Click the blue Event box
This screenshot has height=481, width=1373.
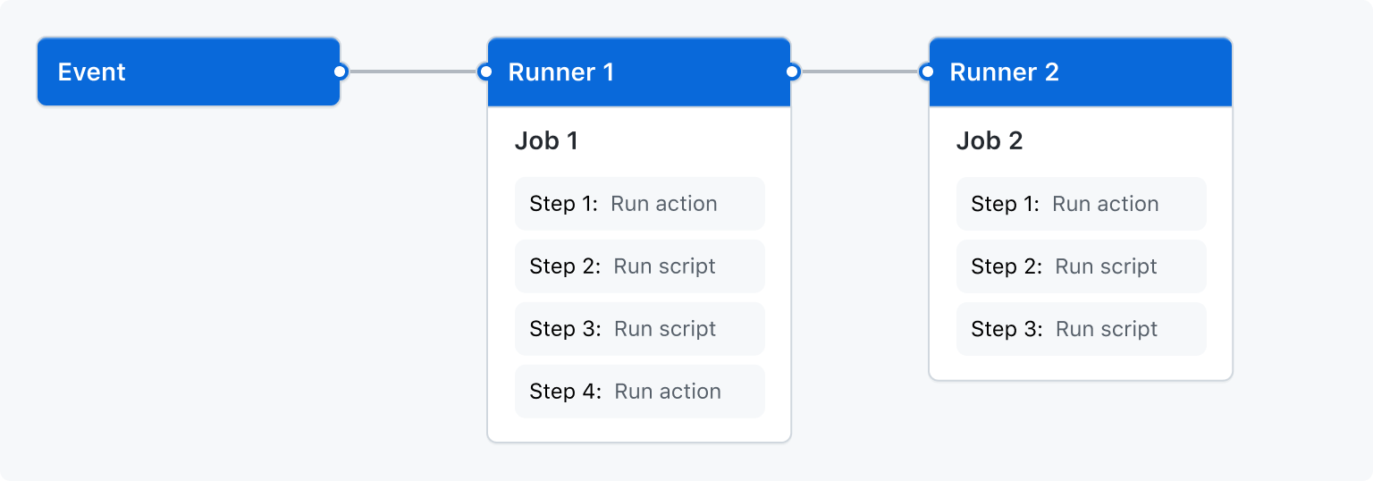tap(188, 72)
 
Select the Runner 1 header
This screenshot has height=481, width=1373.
tap(638, 72)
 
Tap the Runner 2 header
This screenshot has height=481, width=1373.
tap(1080, 72)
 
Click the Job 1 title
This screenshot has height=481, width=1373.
tap(546, 141)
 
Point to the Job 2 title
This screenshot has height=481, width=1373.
tap(989, 141)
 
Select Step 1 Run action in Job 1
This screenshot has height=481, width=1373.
tap(639, 204)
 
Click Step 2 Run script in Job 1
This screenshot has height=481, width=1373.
tap(639, 266)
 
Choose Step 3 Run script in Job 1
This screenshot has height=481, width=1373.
tap(639, 329)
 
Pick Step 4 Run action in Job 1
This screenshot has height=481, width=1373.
tap(639, 392)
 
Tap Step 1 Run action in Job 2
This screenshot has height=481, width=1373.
tap(1081, 204)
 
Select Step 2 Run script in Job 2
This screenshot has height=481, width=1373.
tap(1081, 266)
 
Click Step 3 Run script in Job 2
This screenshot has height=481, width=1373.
tap(1081, 329)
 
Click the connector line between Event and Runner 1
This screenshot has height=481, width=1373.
tap(412, 72)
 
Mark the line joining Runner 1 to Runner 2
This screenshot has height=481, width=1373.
tap(859, 72)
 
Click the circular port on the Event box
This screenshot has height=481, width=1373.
tap(340, 72)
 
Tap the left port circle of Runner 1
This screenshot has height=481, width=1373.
tap(485, 72)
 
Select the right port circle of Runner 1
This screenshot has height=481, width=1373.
tap(792, 72)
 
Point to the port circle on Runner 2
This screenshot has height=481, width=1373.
tap(927, 72)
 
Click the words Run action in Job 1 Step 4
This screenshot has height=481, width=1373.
tap(668, 392)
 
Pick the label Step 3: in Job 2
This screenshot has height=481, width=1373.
tap(1007, 329)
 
